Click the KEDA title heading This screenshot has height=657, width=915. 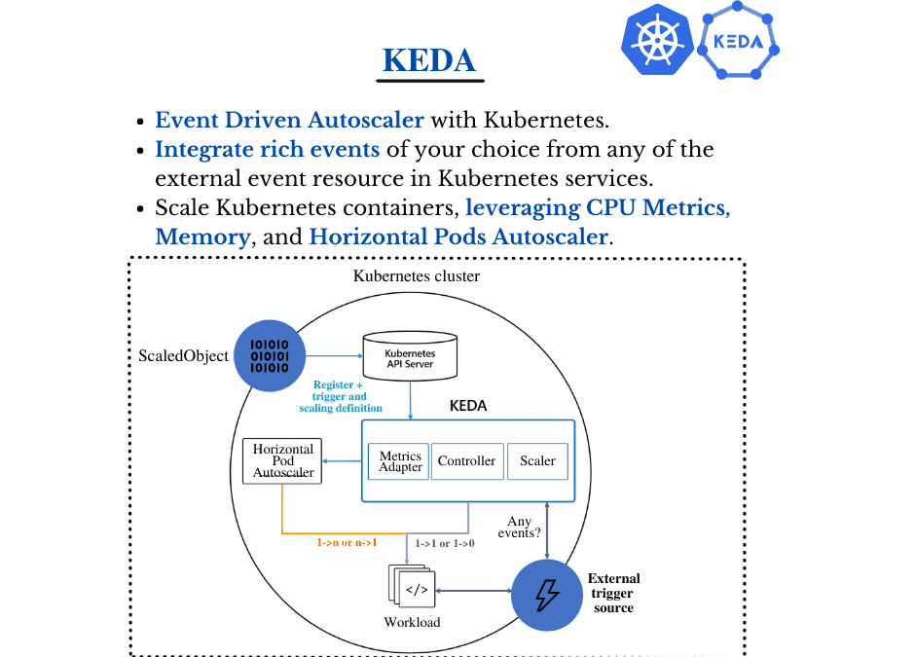(429, 60)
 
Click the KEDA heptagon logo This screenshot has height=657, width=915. (739, 42)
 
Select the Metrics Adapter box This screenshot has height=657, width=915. (400, 461)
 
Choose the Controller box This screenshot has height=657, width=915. (466, 461)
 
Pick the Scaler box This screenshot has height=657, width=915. (537, 461)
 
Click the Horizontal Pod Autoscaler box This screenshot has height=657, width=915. (282, 461)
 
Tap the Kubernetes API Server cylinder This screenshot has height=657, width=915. (409, 357)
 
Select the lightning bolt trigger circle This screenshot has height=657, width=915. (547, 594)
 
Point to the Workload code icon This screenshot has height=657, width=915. (415, 589)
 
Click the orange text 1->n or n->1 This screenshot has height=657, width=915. (347, 542)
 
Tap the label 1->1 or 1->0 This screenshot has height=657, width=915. (445, 543)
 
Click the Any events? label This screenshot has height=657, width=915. (520, 527)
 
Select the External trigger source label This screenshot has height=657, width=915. (613, 594)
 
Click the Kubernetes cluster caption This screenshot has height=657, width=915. (416, 276)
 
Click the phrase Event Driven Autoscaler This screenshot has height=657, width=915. (290, 121)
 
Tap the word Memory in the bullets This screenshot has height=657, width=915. (202, 237)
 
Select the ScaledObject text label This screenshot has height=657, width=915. (183, 356)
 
